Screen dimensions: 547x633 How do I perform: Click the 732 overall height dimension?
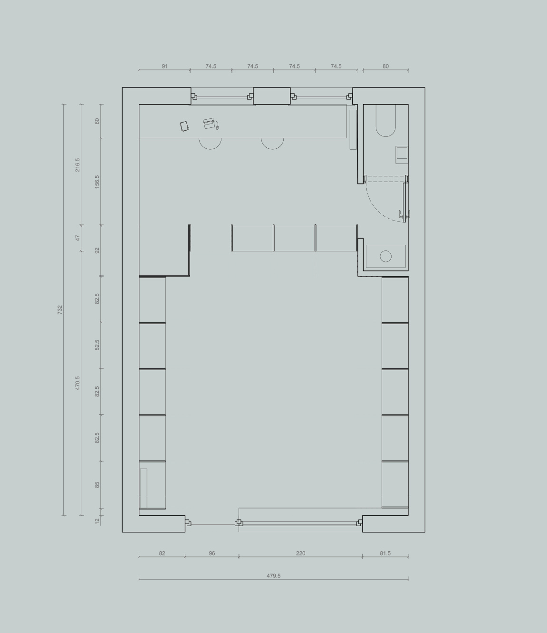(60, 310)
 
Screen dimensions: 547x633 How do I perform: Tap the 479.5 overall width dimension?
(274, 575)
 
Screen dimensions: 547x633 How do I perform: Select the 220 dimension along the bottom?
(301, 553)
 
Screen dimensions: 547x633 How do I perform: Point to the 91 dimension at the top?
(165, 66)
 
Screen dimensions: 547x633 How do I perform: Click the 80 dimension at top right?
(385, 66)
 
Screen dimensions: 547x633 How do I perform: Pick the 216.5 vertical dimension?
(77, 165)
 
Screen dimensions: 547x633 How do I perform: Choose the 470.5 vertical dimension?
(77, 383)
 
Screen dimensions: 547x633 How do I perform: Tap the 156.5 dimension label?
(97, 182)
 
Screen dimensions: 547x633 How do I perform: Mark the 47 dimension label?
(77, 238)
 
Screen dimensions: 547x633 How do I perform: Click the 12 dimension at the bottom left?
(97, 521)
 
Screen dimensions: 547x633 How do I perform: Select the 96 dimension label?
(212, 553)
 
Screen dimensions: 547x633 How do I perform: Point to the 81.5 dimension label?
(385, 553)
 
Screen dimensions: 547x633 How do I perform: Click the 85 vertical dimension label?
(97, 485)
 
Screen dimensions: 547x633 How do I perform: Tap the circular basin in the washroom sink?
(385, 256)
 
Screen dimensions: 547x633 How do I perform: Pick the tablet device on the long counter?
(184, 126)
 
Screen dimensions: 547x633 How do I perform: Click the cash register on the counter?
(211, 124)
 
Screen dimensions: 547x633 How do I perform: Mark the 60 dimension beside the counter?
(97, 121)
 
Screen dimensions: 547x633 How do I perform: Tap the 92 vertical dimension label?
(97, 250)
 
